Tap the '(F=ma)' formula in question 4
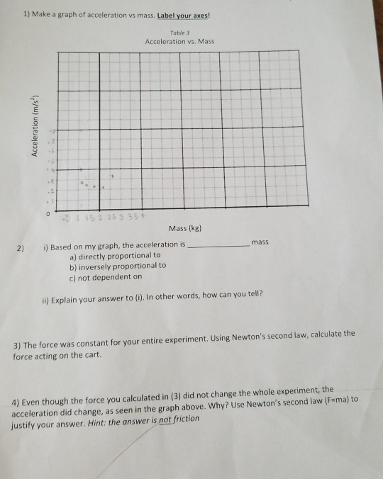[x=337, y=400]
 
